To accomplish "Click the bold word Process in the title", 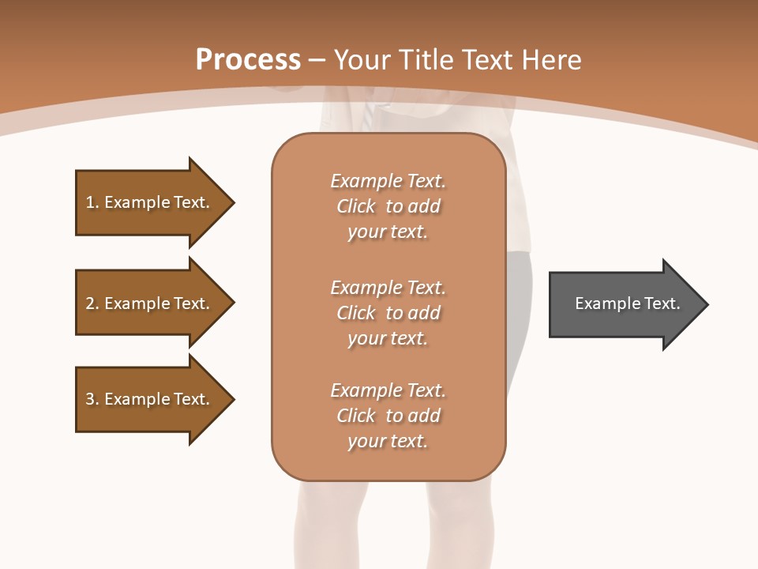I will (248, 60).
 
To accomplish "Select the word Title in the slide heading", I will (424, 60).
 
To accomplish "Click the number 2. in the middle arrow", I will (92, 303).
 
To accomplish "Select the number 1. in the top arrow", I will (92, 202).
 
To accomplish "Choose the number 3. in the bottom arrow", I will (92, 399).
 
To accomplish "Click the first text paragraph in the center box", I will (388, 206).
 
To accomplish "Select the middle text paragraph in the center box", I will (388, 313).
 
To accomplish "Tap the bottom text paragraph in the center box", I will (388, 416).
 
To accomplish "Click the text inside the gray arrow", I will (628, 303).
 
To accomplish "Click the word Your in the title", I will (362, 60).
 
